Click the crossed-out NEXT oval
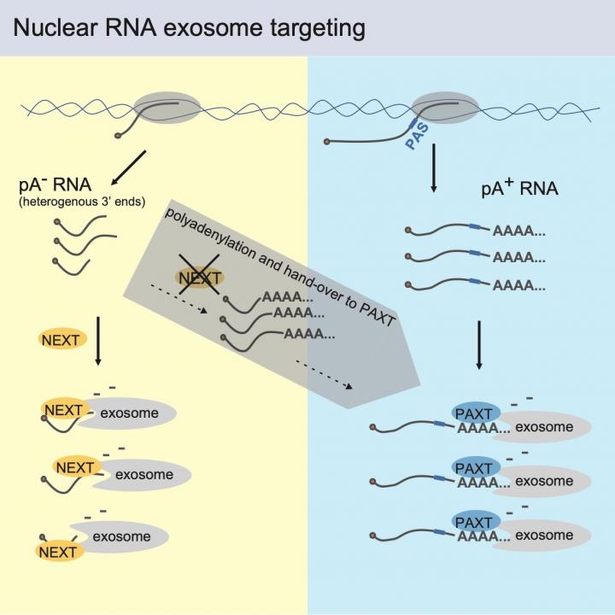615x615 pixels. click(x=200, y=278)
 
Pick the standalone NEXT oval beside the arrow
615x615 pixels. click(x=60, y=340)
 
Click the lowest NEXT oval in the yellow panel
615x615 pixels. click(x=57, y=552)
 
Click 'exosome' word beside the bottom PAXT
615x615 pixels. click(x=544, y=536)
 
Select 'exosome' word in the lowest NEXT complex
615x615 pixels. click(x=121, y=537)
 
